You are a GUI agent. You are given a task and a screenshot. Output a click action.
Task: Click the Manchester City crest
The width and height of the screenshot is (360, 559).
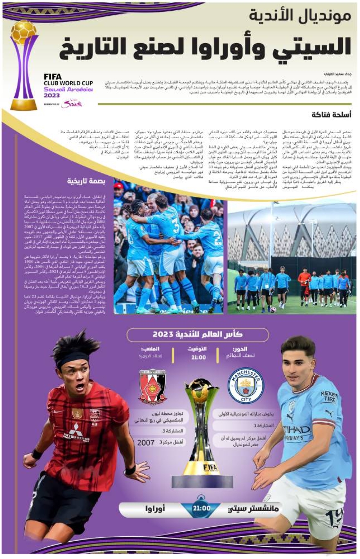click(246, 385)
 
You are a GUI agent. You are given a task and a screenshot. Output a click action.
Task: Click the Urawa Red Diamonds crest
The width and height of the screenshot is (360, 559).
click(153, 387)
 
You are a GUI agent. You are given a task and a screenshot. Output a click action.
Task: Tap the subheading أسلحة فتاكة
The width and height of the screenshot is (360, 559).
click(331, 115)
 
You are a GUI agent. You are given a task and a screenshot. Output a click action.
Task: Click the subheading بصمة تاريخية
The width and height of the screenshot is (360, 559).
click(86, 182)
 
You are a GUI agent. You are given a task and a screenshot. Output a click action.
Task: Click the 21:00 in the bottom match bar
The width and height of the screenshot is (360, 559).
click(201, 509)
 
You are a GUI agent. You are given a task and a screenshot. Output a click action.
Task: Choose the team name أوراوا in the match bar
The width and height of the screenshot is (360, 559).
click(155, 509)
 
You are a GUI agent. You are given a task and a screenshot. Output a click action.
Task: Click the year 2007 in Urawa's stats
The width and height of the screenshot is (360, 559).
click(146, 443)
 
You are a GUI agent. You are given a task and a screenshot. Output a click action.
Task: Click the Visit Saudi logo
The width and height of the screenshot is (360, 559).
click(72, 104)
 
